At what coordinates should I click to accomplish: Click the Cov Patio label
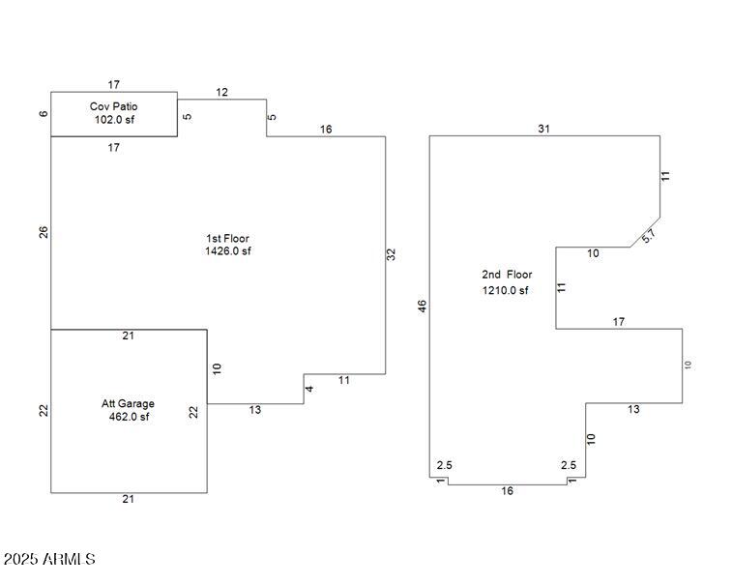pyautogui.click(x=114, y=106)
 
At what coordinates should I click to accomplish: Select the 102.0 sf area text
pyautogui.click(x=114, y=120)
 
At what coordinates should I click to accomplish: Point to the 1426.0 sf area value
pyautogui.click(x=228, y=251)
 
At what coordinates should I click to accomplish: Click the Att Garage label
pyautogui.click(x=128, y=403)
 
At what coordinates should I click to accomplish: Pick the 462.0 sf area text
pyautogui.click(x=129, y=417)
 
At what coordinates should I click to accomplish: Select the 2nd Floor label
pyautogui.click(x=507, y=275)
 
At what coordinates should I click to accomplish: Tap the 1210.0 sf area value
pyautogui.click(x=506, y=290)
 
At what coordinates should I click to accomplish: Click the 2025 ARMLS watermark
pyautogui.click(x=48, y=559)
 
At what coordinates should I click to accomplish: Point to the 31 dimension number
pyautogui.click(x=543, y=129)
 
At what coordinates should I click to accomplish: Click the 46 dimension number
pyautogui.click(x=422, y=306)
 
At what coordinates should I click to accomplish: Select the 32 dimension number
pyautogui.click(x=392, y=254)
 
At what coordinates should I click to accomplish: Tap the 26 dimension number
pyautogui.click(x=44, y=232)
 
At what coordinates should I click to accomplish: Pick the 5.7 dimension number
pyautogui.click(x=649, y=234)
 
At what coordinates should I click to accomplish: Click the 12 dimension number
pyautogui.click(x=221, y=93)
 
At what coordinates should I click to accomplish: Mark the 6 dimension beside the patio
pyautogui.click(x=44, y=114)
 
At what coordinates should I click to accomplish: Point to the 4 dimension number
pyautogui.click(x=310, y=389)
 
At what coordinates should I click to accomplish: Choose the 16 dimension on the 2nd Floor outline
pyautogui.click(x=507, y=491)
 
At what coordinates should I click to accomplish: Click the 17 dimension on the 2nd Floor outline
pyautogui.click(x=619, y=322)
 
